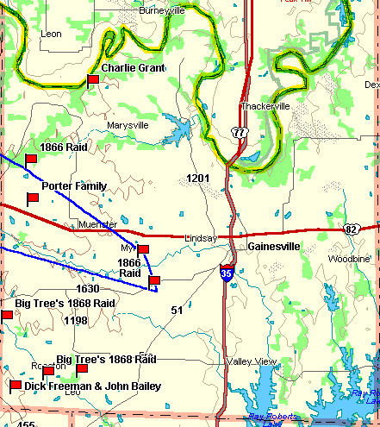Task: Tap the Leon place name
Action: (x=51, y=34)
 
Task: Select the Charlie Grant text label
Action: (x=133, y=67)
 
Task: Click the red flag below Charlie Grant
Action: (x=93, y=80)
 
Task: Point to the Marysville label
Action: (x=128, y=125)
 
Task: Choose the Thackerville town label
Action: (x=264, y=106)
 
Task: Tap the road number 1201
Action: (x=198, y=178)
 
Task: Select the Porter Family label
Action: (x=73, y=185)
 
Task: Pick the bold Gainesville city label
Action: (x=273, y=246)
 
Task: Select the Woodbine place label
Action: (x=348, y=259)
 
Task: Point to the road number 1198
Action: (x=76, y=320)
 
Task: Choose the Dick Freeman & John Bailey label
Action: (x=92, y=386)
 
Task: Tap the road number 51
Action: (x=177, y=310)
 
